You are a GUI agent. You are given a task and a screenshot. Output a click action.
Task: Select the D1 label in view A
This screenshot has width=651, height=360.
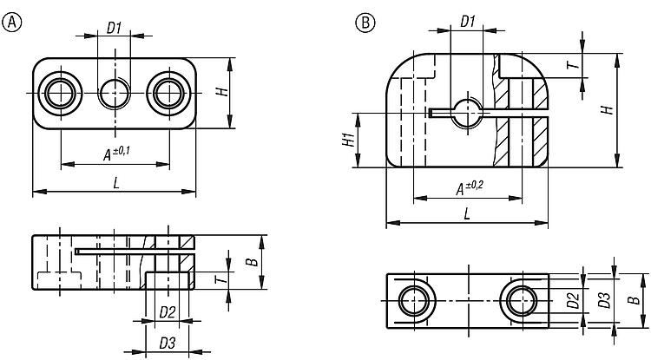(x=114, y=27)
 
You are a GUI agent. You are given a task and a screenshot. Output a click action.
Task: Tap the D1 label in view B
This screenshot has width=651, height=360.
(x=467, y=19)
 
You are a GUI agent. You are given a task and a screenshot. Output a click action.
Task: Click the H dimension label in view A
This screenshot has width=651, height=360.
(x=247, y=92)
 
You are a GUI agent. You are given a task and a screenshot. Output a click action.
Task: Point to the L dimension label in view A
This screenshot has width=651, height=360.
(x=115, y=181)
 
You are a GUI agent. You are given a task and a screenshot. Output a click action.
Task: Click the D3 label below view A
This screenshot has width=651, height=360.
(x=168, y=343)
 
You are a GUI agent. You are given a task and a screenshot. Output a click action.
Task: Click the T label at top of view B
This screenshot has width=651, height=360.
(x=596, y=66)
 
